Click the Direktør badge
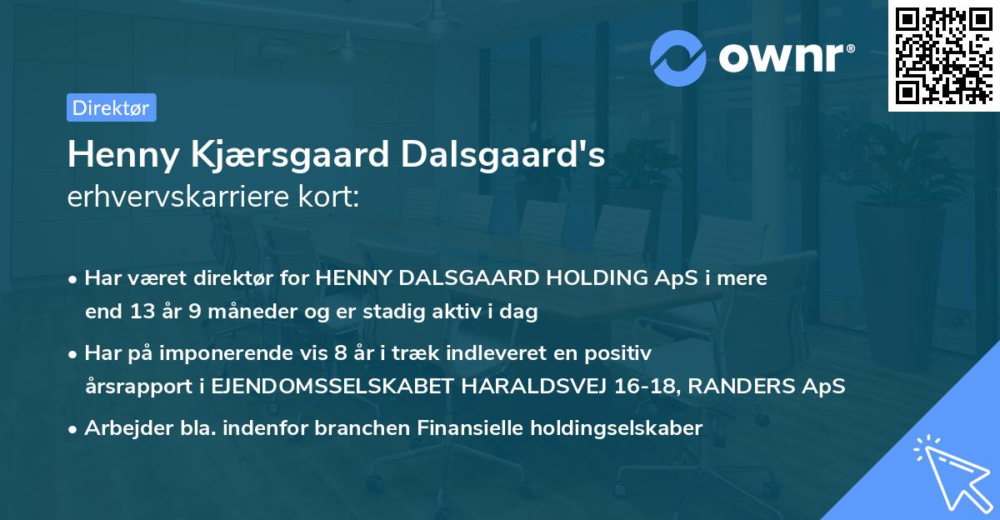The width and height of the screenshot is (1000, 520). tap(111, 107)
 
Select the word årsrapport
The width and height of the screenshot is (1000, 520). tap(139, 387)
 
